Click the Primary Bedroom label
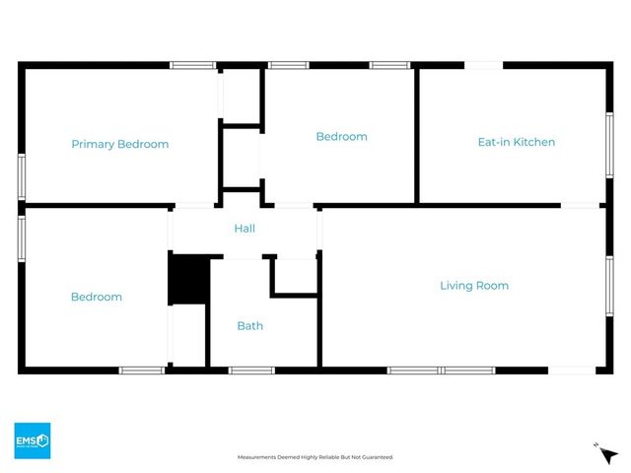(119, 144)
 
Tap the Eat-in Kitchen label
(516, 142)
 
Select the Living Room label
(473, 286)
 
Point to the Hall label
(245, 229)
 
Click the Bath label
(249, 325)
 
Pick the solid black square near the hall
(188, 279)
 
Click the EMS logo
(32, 440)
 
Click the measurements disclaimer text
(315, 457)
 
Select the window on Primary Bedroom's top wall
(193, 66)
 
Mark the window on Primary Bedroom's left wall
(22, 176)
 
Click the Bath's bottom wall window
(251, 371)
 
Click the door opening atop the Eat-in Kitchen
(484, 66)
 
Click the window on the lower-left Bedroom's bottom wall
(142, 371)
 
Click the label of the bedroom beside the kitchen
(341, 137)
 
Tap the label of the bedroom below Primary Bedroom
(97, 297)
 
